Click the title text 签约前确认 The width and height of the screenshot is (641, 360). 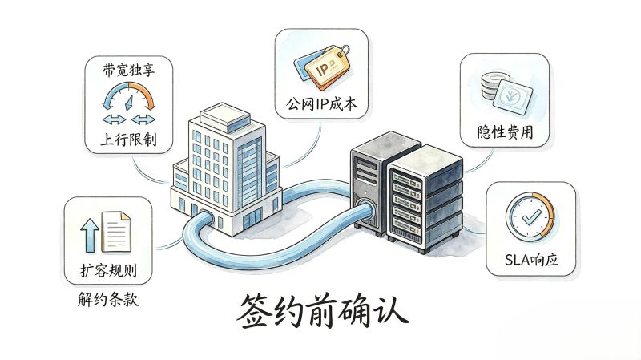coord(323,310)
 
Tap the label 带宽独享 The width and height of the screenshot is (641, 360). coord(129,70)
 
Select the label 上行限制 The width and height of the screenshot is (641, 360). coord(129,139)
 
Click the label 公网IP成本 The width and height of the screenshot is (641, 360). coord(322,104)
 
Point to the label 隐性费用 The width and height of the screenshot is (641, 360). coord(506,131)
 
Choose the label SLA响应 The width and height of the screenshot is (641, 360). coord(531,259)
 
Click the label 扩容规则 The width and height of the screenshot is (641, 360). coord(108,270)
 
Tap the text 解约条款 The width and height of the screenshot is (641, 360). coord(108,300)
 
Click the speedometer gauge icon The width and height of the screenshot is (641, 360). coord(129,96)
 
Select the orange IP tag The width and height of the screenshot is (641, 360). coord(326,67)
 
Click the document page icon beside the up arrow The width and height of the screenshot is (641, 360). coord(116,231)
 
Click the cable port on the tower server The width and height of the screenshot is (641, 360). coord(362,204)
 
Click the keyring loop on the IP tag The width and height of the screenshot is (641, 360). coord(345,50)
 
